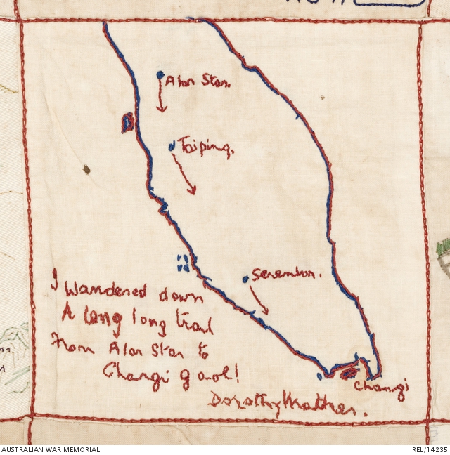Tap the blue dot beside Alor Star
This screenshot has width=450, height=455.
[161, 74]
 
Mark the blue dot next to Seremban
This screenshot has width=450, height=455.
[245, 279]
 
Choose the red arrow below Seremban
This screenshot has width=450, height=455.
[259, 301]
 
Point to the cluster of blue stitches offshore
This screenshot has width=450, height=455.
[182, 263]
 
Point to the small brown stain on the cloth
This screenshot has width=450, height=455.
[86, 169]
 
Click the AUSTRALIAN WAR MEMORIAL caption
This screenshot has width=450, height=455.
[51, 449]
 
